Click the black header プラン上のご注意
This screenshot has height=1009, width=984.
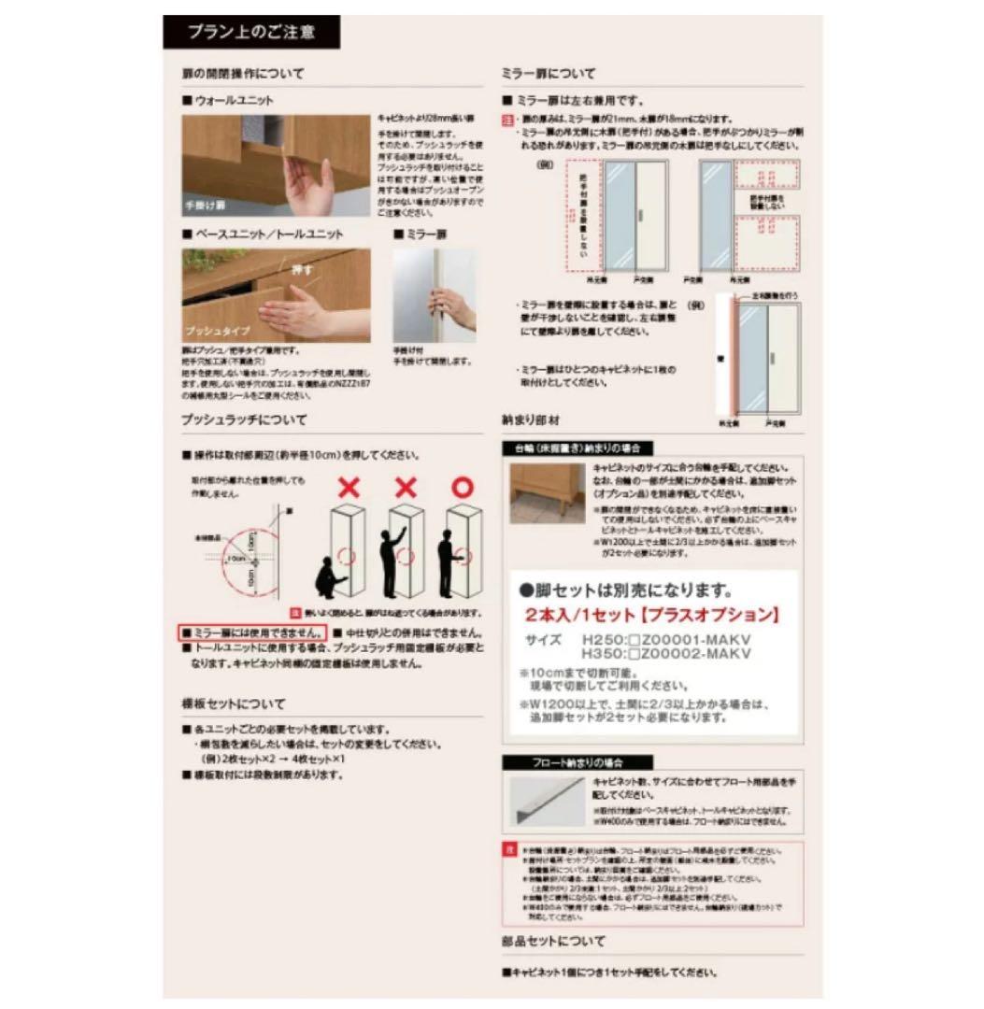[251, 33]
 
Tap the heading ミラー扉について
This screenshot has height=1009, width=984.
[549, 74]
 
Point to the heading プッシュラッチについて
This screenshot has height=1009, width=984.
[244, 420]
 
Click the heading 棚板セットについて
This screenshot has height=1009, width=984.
[234, 703]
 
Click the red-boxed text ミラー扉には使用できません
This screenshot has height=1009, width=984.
[253, 632]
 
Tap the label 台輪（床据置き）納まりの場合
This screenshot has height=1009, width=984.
[577, 448]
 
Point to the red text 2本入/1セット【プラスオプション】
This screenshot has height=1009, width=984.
[652, 616]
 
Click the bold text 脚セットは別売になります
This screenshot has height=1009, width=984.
[625, 590]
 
